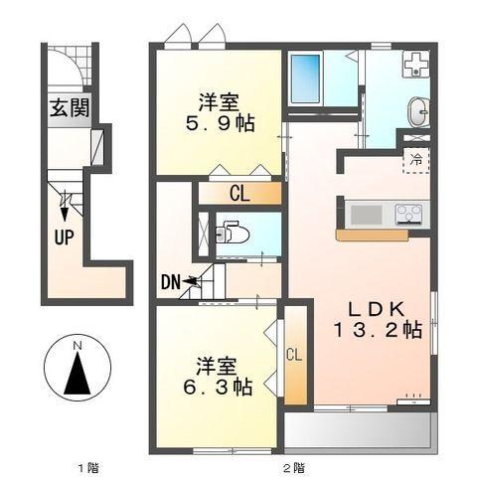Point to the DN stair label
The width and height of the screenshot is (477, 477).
[x=171, y=283]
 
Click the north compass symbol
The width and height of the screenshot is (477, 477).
[x=78, y=369]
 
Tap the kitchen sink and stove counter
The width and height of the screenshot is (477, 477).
[x=385, y=213]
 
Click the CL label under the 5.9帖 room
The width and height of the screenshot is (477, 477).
[x=239, y=193]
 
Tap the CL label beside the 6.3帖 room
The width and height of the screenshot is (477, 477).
[x=294, y=354]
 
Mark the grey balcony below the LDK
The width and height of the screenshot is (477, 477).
[x=359, y=428]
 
